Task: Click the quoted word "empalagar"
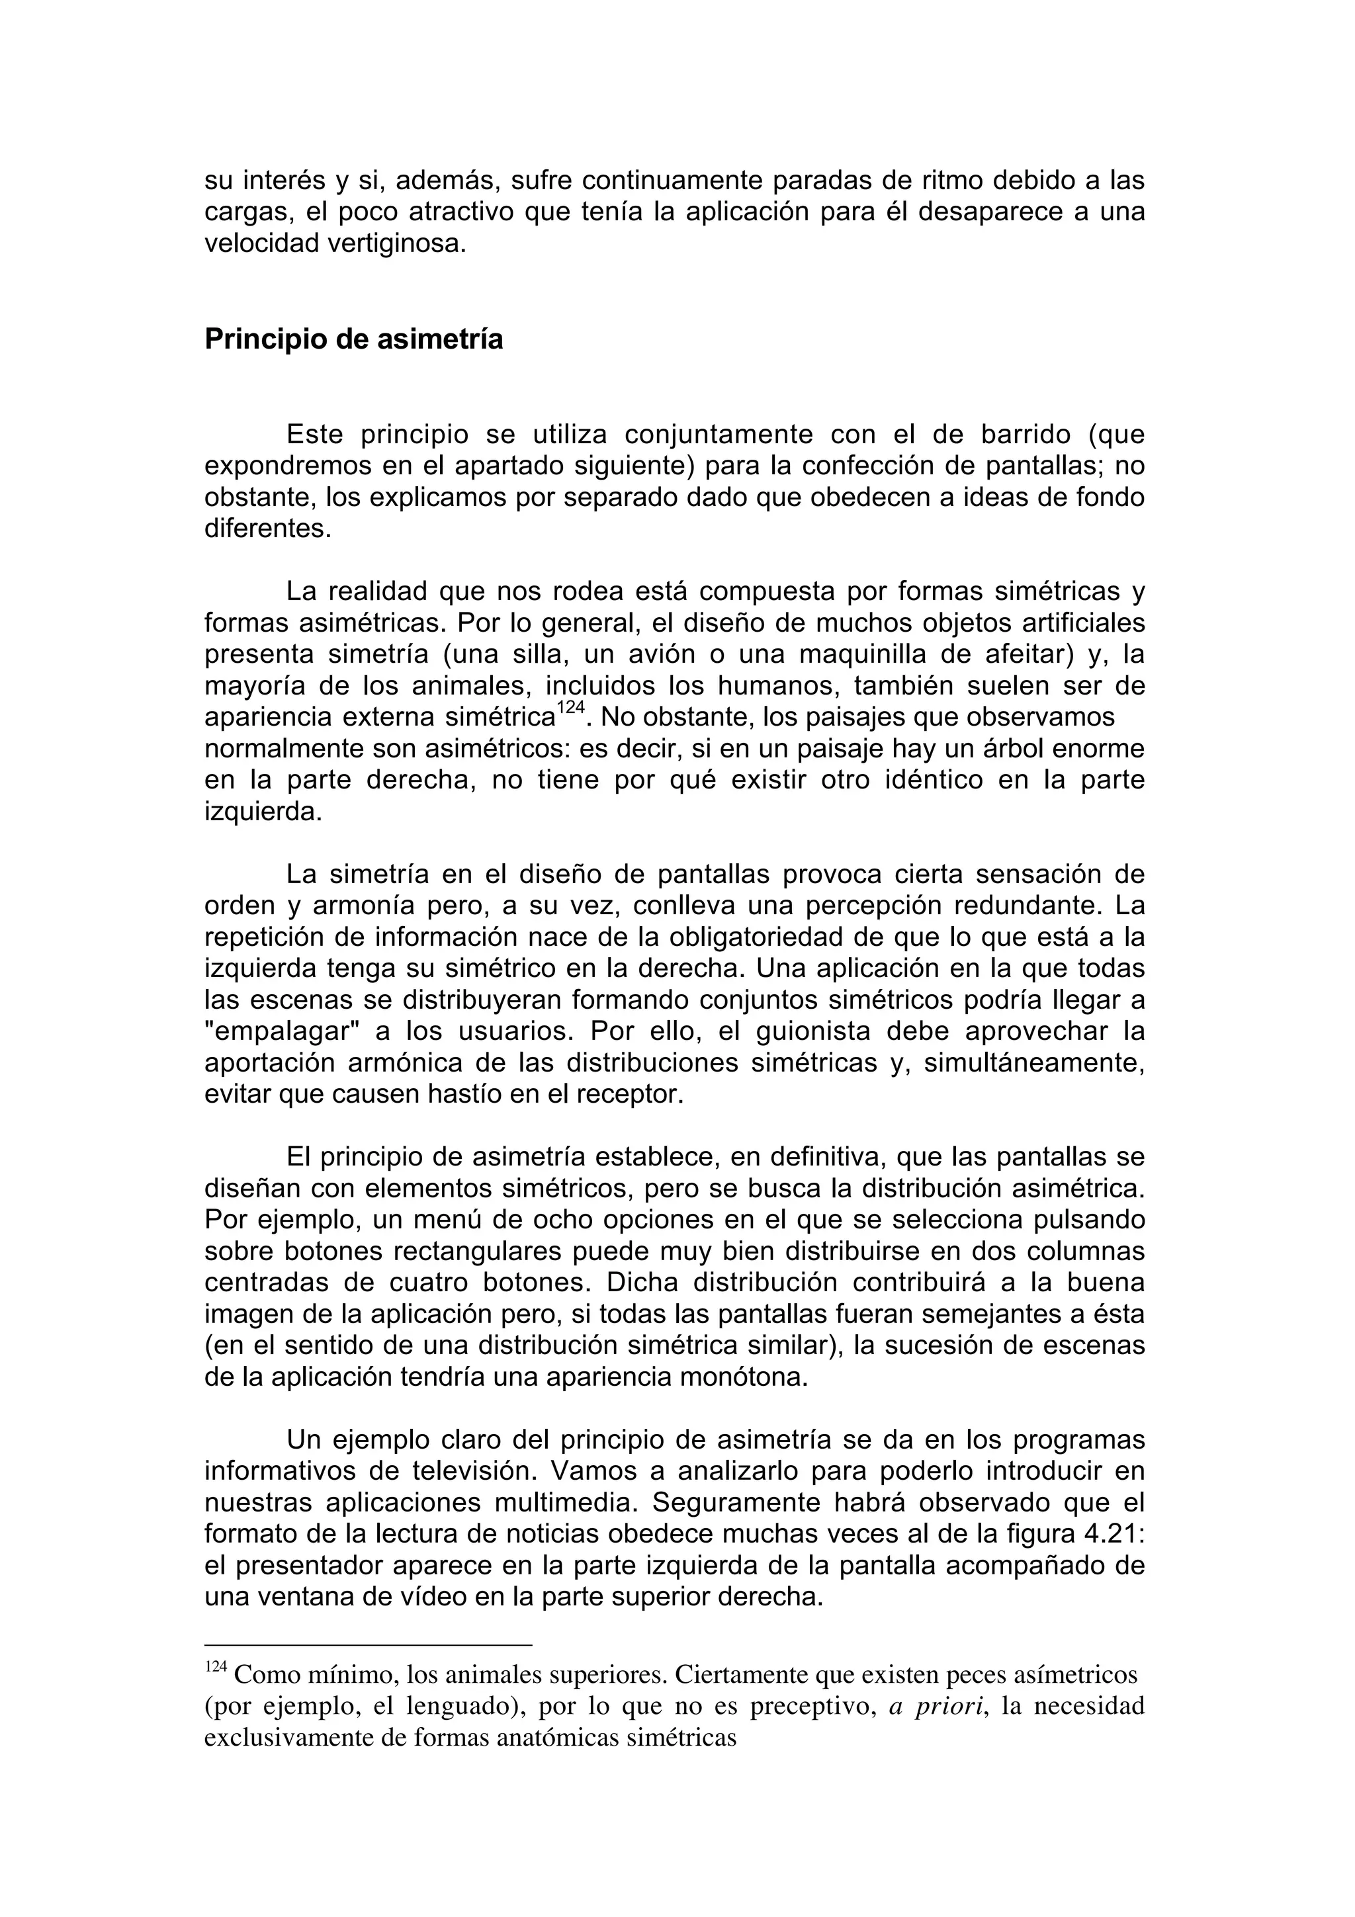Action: click(x=281, y=1031)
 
